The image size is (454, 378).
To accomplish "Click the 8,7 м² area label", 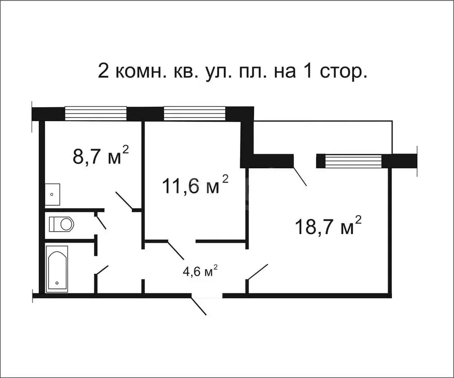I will (x=100, y=157).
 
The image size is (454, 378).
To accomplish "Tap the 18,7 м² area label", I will (x=328, y=226).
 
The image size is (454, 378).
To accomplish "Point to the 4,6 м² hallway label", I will (x=200, y=272).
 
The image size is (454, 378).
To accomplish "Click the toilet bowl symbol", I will (x=62, y=224).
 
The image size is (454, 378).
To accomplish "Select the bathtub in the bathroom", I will (x=57, y=268).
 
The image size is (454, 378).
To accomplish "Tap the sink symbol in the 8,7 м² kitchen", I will (x=52, y=194).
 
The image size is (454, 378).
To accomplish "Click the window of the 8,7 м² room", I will (x=96, y=113).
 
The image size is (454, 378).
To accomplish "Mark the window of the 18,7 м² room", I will (x=353, y=161).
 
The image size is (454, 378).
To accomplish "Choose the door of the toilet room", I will (x=100, y=220).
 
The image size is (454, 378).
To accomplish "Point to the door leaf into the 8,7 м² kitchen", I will (x=124, y=201).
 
